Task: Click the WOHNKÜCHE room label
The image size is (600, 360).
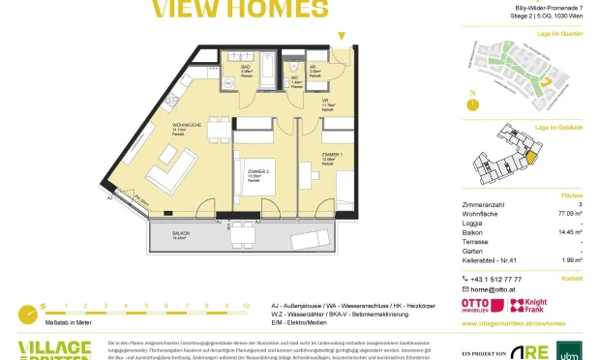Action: (x=187, y=127)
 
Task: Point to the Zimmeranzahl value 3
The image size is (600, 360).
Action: (x=579, y=204)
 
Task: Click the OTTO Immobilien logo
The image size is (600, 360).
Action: (x=488, y=304)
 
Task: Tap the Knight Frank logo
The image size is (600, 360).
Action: (x=535, y=304)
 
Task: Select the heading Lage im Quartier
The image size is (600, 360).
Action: (x=555, y=34)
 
